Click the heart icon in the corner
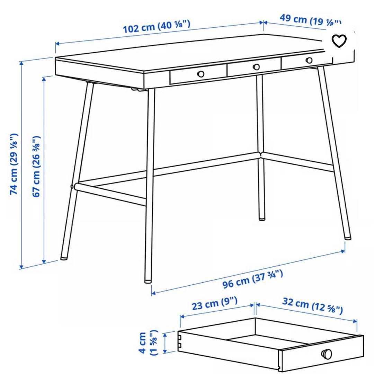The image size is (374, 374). [x=339, y=41]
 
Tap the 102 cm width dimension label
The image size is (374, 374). [x=157, y=27]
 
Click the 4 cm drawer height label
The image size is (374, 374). [x=147, y=343]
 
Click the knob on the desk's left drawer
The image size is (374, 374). [x=201, y=73]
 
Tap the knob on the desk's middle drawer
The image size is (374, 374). [x=256, y=67]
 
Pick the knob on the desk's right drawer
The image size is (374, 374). [x=309, y=60]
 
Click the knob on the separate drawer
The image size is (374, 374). [x=327, y=354]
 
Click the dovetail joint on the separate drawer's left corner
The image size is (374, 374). [x=180, y=341]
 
